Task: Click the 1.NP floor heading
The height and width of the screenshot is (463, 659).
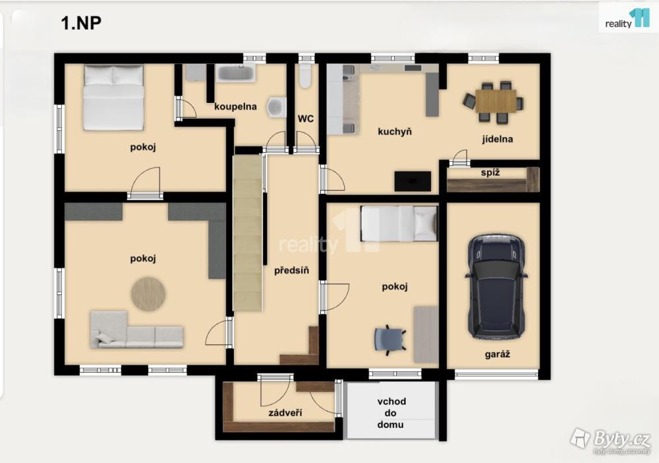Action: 81,22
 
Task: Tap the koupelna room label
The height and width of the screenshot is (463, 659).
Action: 235,107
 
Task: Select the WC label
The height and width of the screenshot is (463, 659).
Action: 306,119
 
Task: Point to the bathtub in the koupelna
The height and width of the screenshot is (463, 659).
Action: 236,73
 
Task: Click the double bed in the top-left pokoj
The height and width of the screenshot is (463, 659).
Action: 113,98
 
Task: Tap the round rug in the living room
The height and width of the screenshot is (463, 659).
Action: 148,293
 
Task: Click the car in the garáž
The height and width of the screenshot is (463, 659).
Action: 496,287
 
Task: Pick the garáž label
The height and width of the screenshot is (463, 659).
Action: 497,354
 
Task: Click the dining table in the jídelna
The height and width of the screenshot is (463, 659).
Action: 496,101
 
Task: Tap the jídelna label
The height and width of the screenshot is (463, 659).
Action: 497,139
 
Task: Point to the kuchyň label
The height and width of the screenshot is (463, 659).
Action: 395,132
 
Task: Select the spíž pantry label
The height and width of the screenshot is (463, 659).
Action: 490,172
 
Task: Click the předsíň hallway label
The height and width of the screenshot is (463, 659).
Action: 291,270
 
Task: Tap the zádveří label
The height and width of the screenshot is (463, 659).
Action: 285,413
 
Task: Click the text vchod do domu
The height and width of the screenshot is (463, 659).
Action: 390,413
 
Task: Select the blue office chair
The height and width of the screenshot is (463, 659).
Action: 390,339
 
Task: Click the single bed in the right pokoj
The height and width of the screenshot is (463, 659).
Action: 399,224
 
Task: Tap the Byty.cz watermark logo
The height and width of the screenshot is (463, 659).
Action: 611,440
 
